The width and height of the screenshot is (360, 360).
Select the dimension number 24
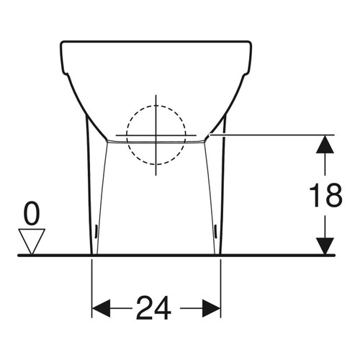click(x=156, y=309)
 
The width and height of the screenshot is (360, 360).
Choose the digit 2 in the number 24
click(x=145, y=309)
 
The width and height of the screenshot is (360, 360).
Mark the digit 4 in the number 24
click(x=166, y=309)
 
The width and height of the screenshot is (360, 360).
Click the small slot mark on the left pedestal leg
click(x=97, y=230)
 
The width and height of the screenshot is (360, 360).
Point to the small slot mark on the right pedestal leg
click(x=217, y=230)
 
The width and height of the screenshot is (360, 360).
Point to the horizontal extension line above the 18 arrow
click(x=274, y=135)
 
